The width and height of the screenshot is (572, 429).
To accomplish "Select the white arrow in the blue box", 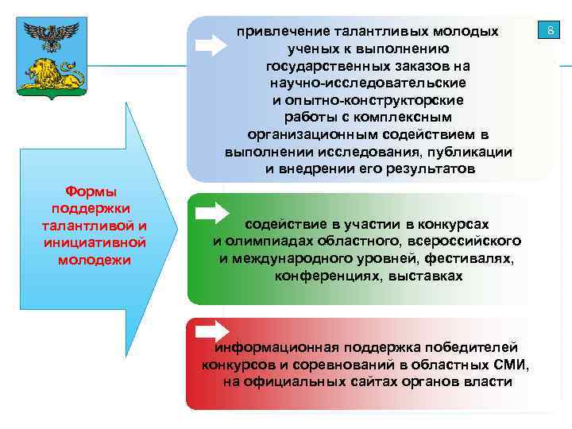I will pyautogui.click(x=211, y=44).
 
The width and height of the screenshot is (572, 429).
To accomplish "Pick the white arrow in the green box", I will pyautogui.click(x=211, y=212).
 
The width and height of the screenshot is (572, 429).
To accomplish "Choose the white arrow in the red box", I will pyautogui.click(x=211, y=331).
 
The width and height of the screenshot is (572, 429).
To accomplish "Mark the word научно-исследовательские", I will pyautogui.click(x=368, y=83).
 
